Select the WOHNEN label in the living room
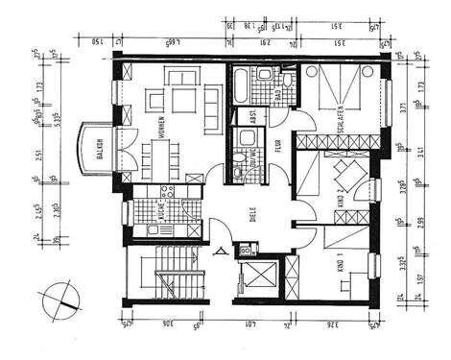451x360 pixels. (162, 129)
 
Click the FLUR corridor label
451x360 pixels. (277, 147)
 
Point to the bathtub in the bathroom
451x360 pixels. (237, 88)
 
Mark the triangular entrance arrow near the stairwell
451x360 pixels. (220, 252)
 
